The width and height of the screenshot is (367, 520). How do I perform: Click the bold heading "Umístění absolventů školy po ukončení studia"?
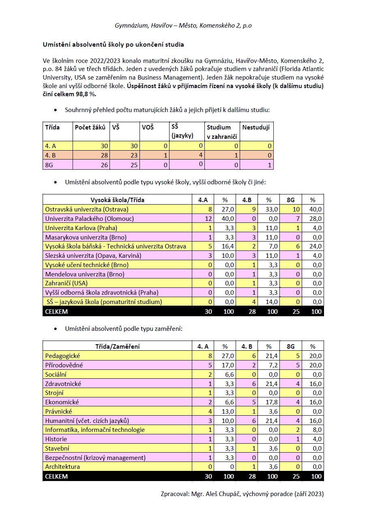[x=113, y=44]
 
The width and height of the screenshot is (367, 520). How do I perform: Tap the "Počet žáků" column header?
[x=90, y=127]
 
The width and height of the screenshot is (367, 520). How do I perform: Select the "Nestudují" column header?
[x=255, y=127]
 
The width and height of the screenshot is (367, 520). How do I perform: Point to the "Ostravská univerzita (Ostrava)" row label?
[x=87, y=209]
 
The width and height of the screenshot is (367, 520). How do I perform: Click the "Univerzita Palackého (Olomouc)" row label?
[x=90, y=219]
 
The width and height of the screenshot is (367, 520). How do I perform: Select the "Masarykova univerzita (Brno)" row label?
[x=86, y=237]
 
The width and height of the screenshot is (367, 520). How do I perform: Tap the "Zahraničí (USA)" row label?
[x=67, y=283]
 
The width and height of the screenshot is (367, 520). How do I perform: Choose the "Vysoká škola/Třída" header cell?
[x=117, y=200]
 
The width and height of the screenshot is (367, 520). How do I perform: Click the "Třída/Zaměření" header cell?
[x=117, y=346]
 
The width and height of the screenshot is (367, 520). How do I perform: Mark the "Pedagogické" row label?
[x=62, y=356]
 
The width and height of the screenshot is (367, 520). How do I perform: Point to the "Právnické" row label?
[x=59, y=411]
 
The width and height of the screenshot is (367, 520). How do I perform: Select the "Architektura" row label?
[x=62, y=466]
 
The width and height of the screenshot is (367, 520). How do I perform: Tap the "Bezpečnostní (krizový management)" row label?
[x=95, y=457]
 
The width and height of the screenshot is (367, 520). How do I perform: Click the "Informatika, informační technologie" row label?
[x=95, y=429]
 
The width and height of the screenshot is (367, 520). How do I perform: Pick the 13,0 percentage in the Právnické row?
[x=229, y=411]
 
